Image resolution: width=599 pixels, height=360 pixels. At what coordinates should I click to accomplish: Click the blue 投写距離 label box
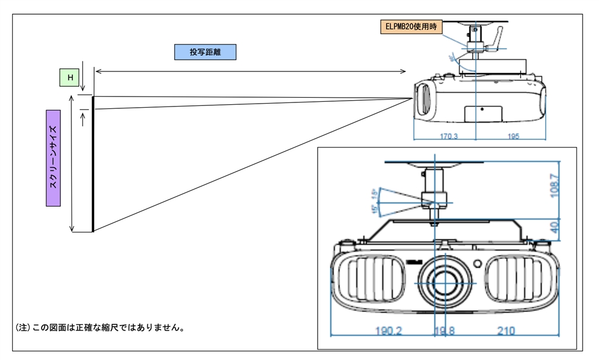point(205,52)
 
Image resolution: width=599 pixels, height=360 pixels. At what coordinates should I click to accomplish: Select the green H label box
point(70,77)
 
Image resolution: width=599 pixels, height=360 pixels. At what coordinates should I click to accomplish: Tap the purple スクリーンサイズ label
point(53,157)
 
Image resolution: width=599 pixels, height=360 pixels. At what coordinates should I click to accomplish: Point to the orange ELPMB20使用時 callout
point(412,26)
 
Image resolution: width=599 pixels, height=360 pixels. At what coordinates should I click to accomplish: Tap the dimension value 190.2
point(388,331)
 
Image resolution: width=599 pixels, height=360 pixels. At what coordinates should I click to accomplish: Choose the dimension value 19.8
point(444,331)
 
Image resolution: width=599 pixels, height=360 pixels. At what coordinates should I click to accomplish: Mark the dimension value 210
point(506,331)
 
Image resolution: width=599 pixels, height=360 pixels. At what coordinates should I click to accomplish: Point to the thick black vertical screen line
point(93,164)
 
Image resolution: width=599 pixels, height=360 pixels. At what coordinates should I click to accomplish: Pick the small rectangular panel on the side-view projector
point(484,113)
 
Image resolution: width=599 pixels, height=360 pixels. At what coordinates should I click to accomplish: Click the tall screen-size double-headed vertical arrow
point(72,164)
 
